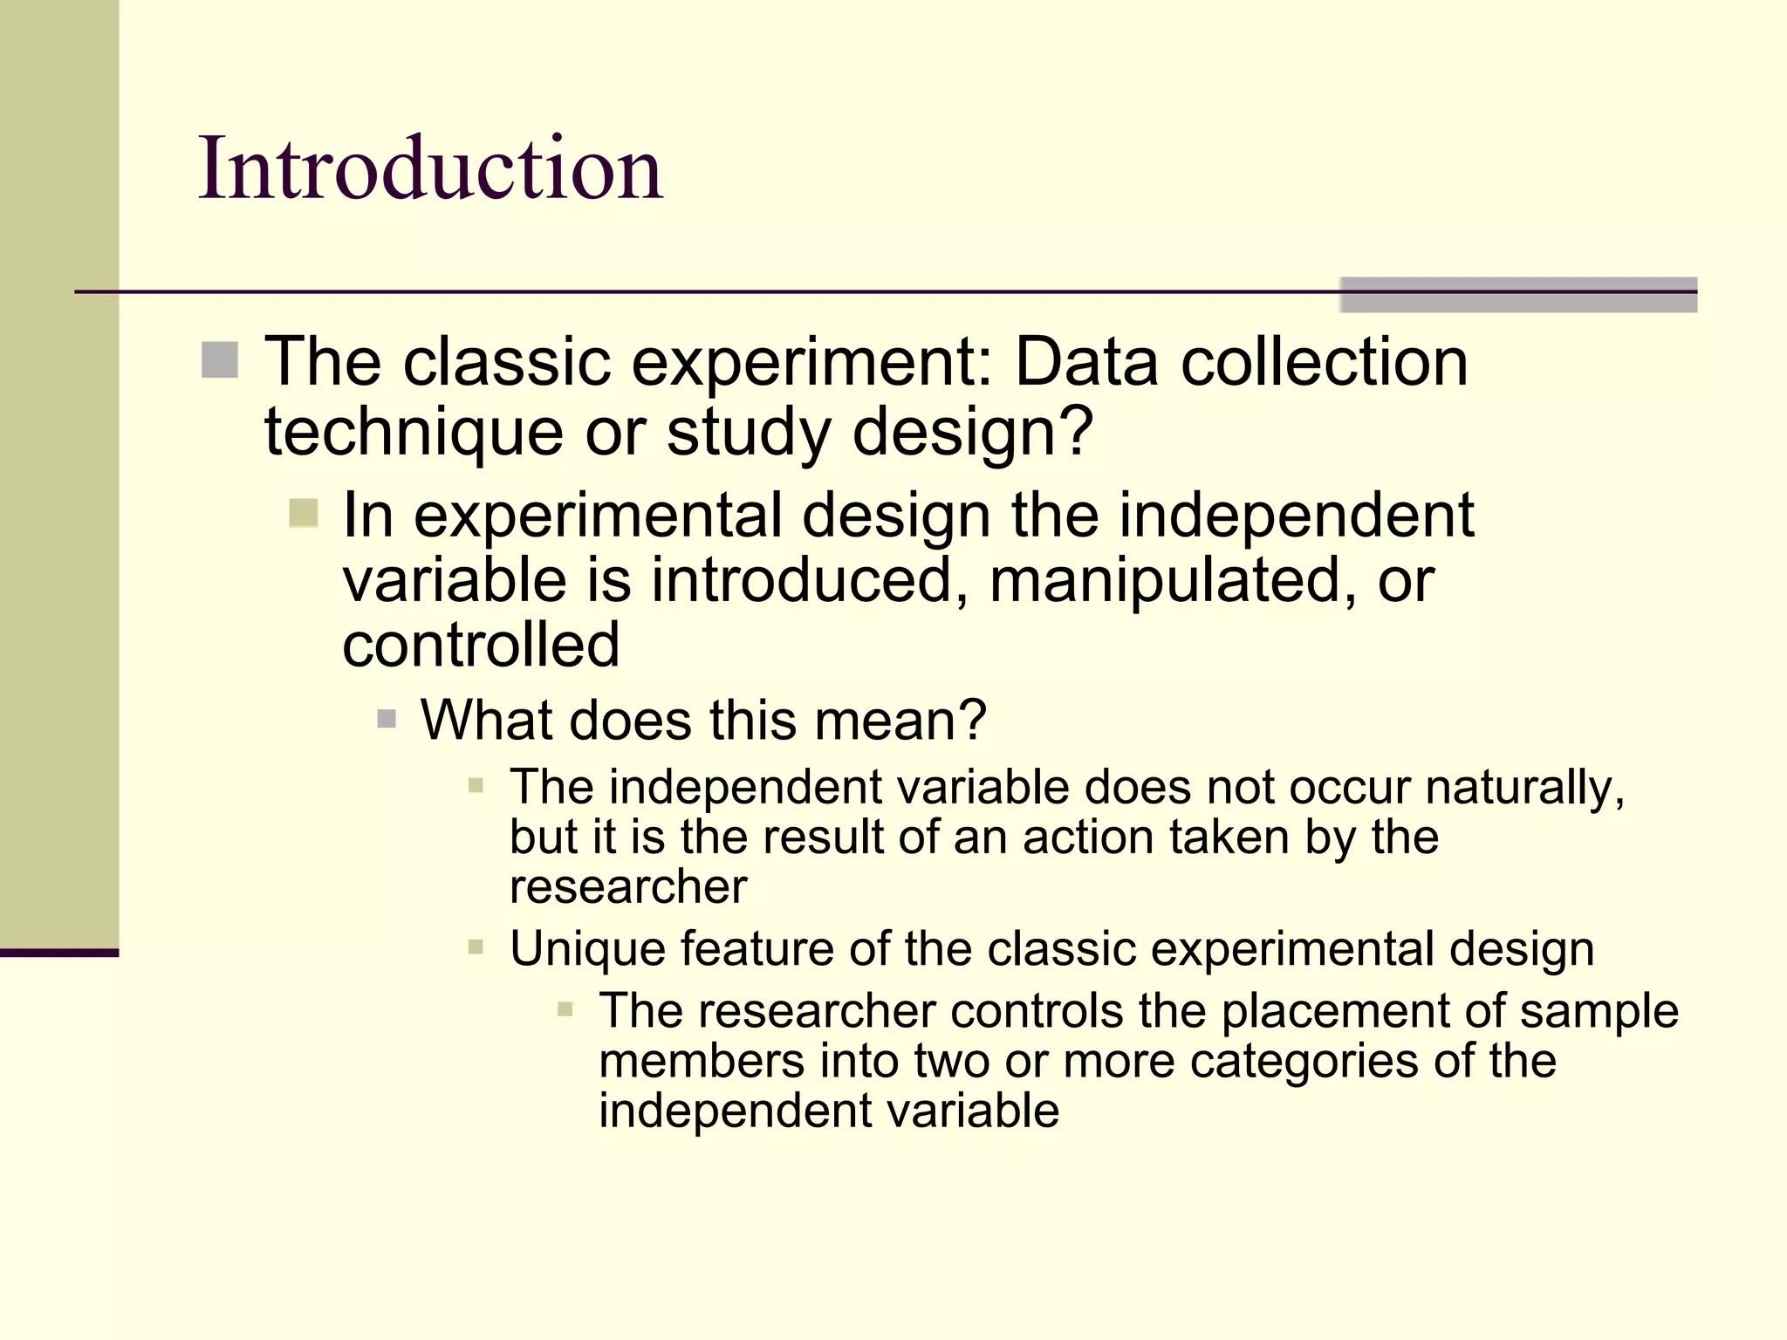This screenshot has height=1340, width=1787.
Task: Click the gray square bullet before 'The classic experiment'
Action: tap(220, 360)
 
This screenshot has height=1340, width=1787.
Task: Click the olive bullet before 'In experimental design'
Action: tap(303, 513)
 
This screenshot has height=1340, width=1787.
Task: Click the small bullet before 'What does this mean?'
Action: tap(387, 720)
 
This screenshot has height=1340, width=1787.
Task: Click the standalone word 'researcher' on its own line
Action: tap(628, 887)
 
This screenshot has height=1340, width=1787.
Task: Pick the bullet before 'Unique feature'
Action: tap(476, 947)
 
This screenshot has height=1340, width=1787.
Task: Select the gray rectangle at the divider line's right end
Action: tap(1517, 295)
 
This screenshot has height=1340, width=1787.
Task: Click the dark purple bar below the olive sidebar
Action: tap(58, 953)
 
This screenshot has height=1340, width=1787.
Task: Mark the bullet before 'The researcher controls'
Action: tap(565, 1010)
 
